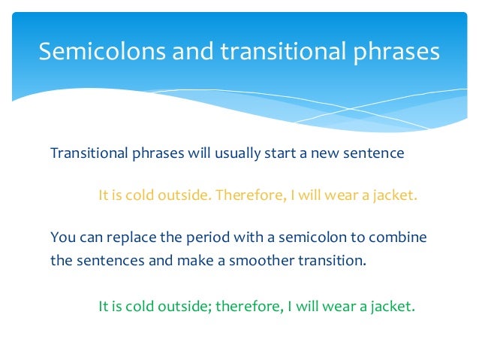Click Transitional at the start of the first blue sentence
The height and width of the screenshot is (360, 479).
85,154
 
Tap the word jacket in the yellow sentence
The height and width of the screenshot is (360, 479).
391,195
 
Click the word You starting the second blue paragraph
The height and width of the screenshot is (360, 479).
62,237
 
